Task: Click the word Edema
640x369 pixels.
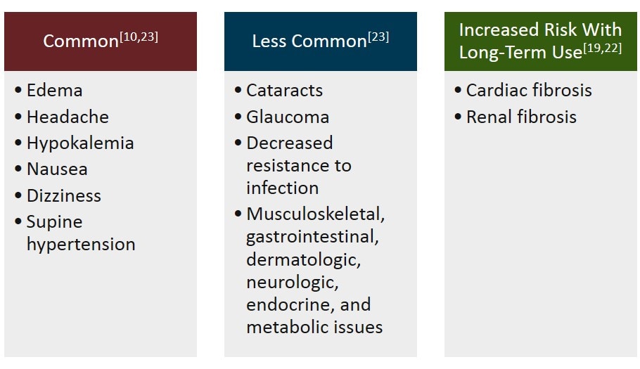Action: click(x=54, y=91)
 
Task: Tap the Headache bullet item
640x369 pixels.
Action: click(x=68, y=117)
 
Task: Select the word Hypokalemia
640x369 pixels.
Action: click(x=80, y=143)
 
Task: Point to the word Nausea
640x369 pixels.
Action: click(x=57, y=169)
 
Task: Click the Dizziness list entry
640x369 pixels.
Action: click(x=64, y=195)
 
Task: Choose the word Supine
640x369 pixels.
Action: click(x=54, y=222)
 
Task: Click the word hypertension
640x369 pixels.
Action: click(x=81, y=245)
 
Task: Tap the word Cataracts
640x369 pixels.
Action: click(x=284, y=91)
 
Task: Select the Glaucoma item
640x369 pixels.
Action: click(x=287, y=117)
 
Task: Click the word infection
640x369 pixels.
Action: click(x=282, y=188)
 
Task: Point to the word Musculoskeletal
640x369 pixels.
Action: click(x=315, y=214)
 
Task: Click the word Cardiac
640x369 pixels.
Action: click(x=495, y=91)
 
